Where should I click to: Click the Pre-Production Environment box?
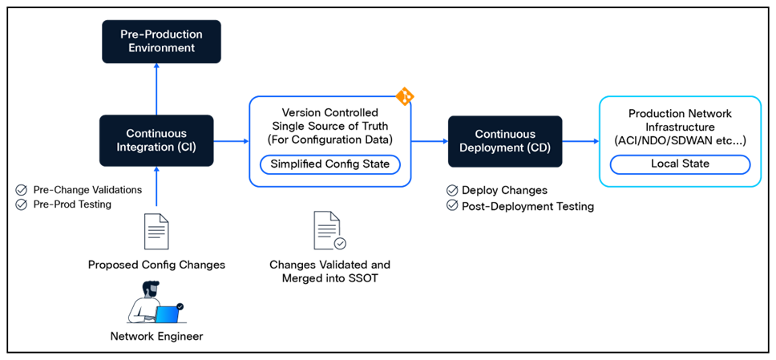161,42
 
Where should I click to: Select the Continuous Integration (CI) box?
156,140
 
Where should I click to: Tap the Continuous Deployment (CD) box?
505,141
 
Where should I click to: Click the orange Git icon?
405,97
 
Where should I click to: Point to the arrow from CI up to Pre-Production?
156,88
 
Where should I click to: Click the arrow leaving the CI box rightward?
231,141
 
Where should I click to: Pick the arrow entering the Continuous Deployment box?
430,141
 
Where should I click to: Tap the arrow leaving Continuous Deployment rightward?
581,141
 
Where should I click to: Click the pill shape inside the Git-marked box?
330,164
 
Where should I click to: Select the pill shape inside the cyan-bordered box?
680,165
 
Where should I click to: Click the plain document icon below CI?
156,232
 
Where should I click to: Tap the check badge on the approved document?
340,243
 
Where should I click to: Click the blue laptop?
167,314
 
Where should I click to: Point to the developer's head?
151,288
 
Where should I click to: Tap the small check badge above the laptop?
180,305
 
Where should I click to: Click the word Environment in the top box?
161,48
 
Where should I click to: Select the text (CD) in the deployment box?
535,148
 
